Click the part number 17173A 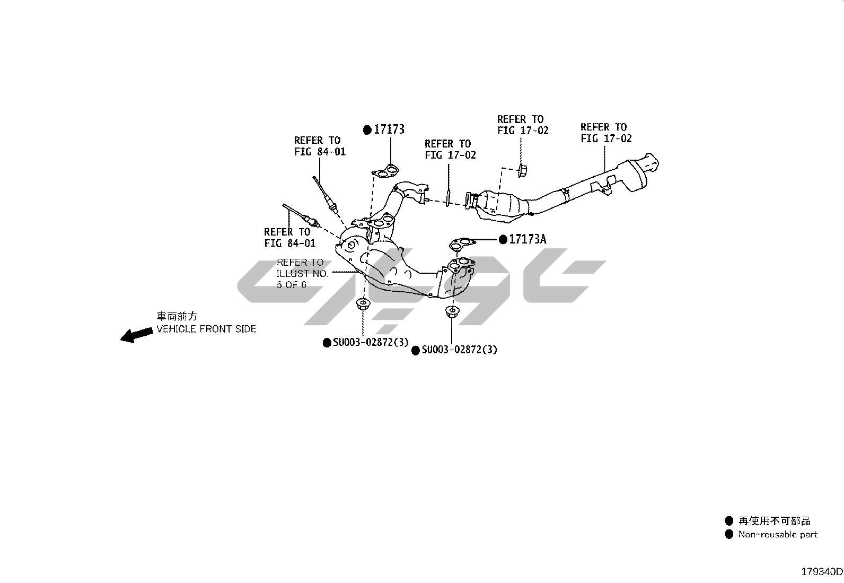(x=527, y=239)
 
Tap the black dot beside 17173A (x=503, y=240)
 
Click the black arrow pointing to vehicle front (x=136, y=334)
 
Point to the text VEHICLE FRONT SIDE (x=206, y=329)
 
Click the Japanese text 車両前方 (x=177, y=316)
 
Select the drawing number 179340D (x=821, y=572)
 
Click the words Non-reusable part (x=778, y=535)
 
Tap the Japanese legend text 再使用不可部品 (x=775, y=521)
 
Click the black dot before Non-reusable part (x=729, y=534)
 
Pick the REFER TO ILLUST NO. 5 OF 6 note (x=302, y=273)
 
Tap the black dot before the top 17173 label (x=367, y=129)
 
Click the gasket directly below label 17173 (x=385, y=172)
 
